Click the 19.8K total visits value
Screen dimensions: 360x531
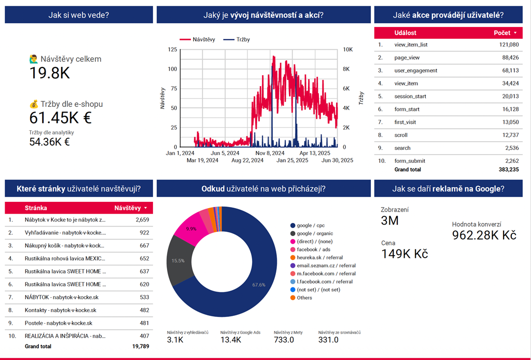(49, 73)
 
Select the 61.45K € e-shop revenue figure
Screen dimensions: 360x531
(60, 118)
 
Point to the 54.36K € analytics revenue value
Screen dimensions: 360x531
(49, 142)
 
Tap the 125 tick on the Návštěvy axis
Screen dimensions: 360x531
(172, 50)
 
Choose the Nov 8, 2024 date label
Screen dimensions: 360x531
(270, 153)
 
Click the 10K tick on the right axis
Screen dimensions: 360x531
(348, 50)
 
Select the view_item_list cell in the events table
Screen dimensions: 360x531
(411, 45)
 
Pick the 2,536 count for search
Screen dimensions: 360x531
(511, 148)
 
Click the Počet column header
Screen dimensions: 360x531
(502, 33)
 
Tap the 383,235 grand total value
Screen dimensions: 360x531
(507, 170)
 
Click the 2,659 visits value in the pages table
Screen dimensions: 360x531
(142, 220)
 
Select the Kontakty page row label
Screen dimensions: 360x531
(60, 310)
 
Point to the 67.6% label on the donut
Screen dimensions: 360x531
(259, 285)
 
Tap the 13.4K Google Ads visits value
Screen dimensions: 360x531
(231, 340)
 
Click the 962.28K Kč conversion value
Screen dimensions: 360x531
(484, 236)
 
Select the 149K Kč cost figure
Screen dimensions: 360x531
(404, 254)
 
